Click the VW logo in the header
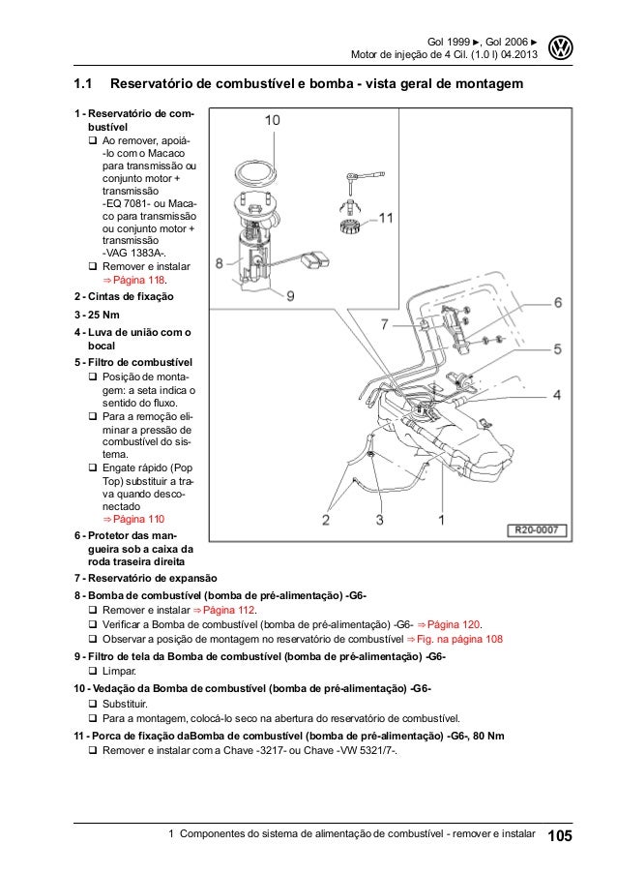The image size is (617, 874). click(x=560, y=47)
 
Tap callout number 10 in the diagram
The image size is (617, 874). click(x=273, y=121)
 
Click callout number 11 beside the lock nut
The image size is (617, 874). click(x=385, y=219)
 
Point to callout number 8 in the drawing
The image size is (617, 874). click(x=220, y=261)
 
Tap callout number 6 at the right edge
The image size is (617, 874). click(x=556, y=303)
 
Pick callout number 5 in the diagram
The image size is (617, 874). click(x=556, y=348)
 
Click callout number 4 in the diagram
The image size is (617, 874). click(x=556, y=394)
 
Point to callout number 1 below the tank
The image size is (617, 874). click(x=442, y=520)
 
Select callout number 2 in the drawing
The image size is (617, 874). click(x=326, y=520)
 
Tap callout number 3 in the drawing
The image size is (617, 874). click(x=379, y=520)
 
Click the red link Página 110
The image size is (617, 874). click(x=137, y=519)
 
